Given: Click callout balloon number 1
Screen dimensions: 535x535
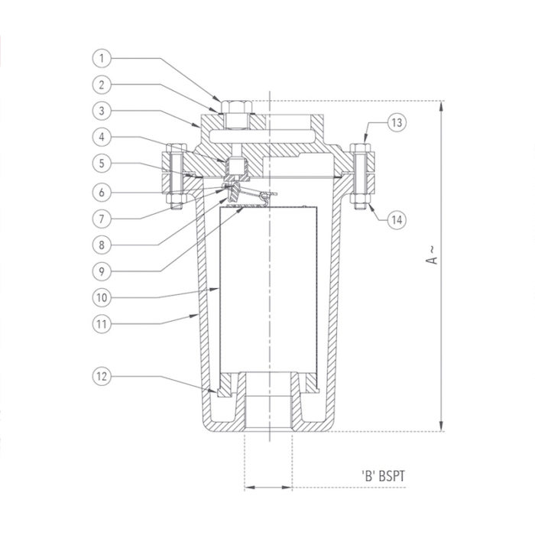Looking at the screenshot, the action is (x=102, y=58).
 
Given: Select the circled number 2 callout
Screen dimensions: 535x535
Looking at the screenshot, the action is (x=102, y=85).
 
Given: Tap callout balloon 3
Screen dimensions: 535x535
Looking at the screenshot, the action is (x=102, y=111).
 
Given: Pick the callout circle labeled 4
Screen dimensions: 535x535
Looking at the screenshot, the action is (x=102, y=137).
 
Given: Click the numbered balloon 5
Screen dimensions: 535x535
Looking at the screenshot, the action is (x=102, y=163).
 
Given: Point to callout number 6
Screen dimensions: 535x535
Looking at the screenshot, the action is (x=102, y=193).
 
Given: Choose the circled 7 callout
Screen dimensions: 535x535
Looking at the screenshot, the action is (x=102, y=219).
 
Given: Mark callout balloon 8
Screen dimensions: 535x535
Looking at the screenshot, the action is (x=102, y=245).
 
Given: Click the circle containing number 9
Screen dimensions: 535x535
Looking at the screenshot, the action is (x=102, y=271).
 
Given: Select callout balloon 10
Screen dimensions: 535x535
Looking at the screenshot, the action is (x=102, y=297).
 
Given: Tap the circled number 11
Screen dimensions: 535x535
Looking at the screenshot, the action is (x=102, y=324).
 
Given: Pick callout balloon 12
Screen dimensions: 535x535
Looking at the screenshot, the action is (x=102, y=376).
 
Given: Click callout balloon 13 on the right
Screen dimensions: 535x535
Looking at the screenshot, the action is (x=397, y=122).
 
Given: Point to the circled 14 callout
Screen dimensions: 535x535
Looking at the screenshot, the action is (x=397, y=220).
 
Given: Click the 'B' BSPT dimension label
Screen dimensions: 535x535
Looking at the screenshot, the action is (x=383, y=475).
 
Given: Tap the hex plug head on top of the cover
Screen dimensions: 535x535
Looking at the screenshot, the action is (x=236, y=107).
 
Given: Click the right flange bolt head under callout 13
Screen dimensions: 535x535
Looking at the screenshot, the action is (x=361, y=148).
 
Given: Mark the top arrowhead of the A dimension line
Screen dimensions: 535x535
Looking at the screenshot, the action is (x=441, y=106).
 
